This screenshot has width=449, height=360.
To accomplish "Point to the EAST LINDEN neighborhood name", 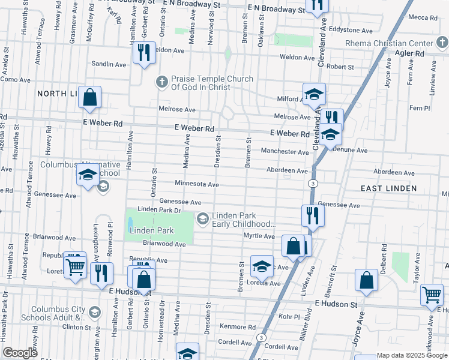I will [x=388, y=188].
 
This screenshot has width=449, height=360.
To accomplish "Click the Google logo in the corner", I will [x=20, y=353].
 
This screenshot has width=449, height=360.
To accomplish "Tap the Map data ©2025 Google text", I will [x=411, y=355].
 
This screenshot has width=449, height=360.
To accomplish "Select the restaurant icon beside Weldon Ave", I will [x=143, y=54].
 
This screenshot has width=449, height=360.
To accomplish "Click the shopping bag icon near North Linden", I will [x=89, y=98].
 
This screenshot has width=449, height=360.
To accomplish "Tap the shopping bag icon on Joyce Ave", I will [x=366, y=281].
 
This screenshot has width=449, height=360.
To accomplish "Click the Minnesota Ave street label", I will [x=196, y=184].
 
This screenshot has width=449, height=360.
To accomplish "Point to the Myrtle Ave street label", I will [x=259, y=236].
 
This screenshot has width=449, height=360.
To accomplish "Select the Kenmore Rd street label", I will [x=237, y=328].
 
